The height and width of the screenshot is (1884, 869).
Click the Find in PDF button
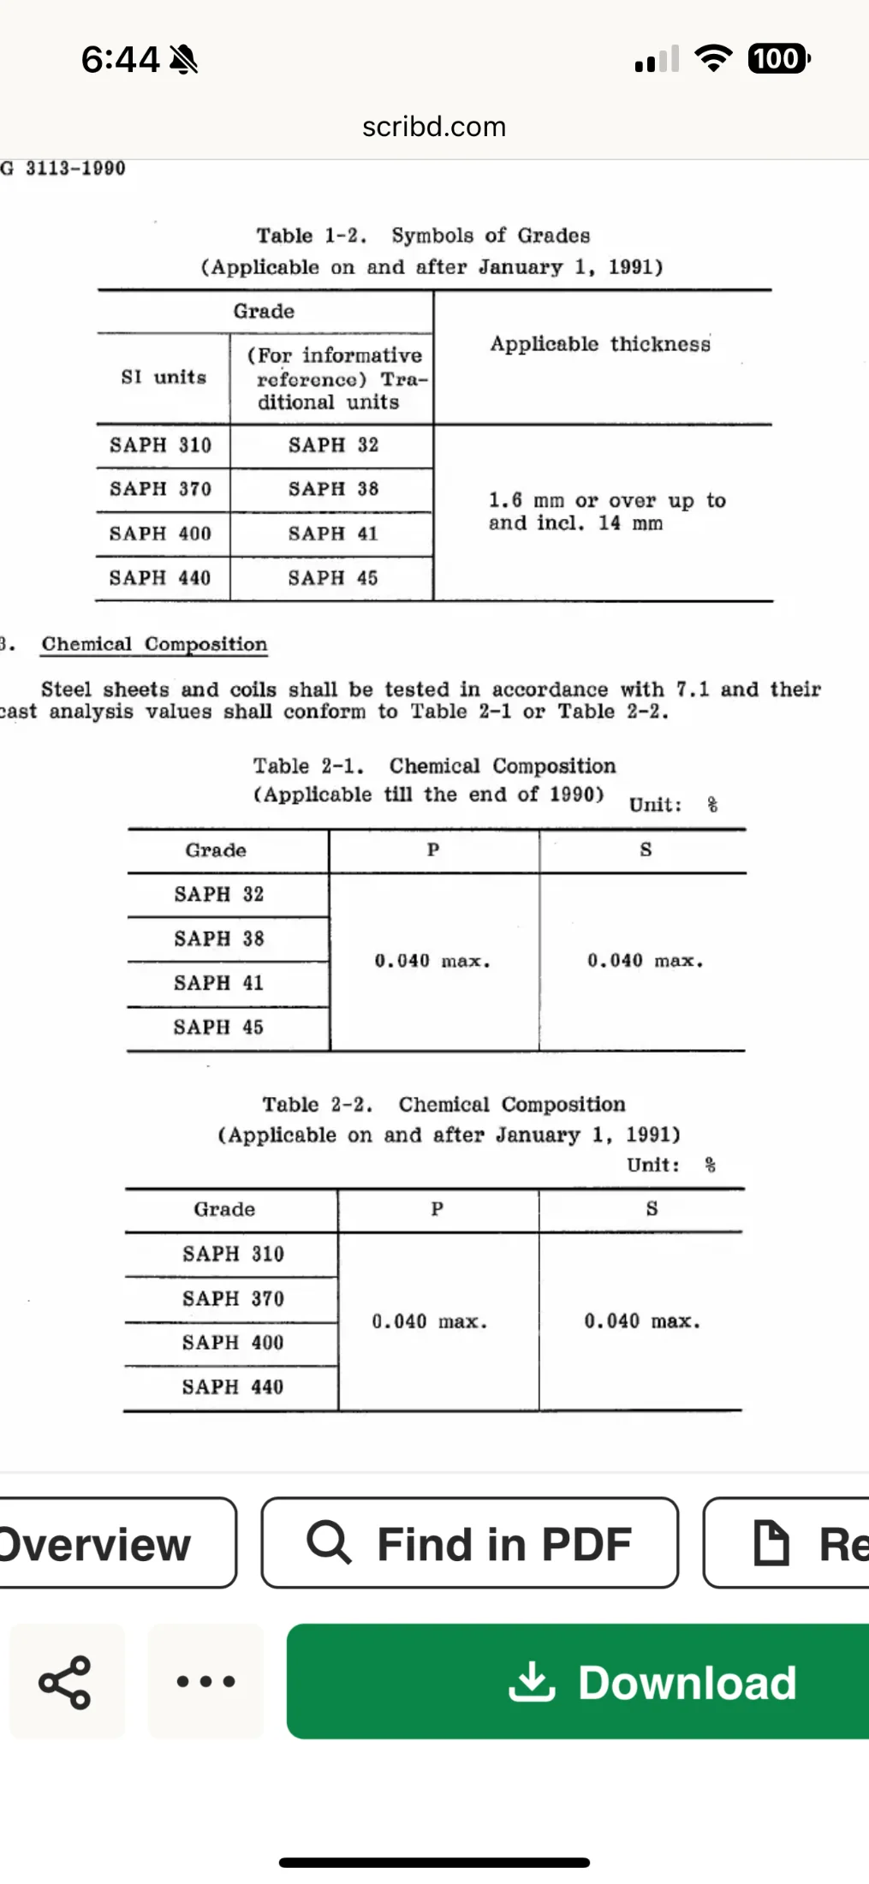coord(469,1543)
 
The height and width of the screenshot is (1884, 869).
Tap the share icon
coord(65,1682)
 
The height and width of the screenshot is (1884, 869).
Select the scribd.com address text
coord(434,127)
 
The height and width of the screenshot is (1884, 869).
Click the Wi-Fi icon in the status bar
coord(712,58)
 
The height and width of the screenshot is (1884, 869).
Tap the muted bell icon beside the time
coord(184,60)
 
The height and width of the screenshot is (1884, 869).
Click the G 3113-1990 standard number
coord(64,168)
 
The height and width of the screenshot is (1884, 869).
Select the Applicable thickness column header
coord(600,344)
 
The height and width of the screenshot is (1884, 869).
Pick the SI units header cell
coord(164,378)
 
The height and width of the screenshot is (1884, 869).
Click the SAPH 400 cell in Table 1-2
coord(160,534)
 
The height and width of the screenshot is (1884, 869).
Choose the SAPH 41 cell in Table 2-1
coord(218,983)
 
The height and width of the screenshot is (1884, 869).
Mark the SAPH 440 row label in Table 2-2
coord(232,1387)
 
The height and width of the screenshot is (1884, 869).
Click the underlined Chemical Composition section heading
coord(154,644)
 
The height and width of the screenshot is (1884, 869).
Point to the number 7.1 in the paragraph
coord(693,689)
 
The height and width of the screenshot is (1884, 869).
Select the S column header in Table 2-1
coord(646,850)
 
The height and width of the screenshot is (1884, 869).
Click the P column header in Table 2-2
coord(437,1209)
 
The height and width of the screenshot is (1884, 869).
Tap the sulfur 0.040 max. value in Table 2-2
coord(642,1321)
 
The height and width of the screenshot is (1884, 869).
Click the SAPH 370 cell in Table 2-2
coord(233,1299)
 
